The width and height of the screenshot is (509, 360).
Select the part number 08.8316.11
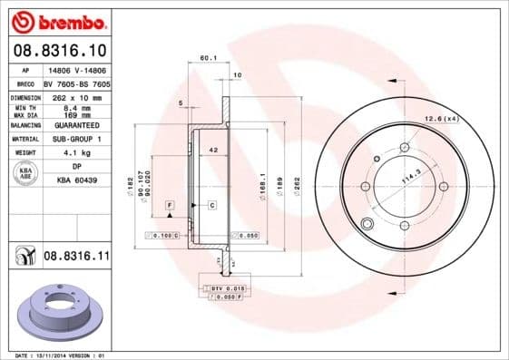[x=76, y=257]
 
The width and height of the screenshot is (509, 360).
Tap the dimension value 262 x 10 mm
[x=77, y=97]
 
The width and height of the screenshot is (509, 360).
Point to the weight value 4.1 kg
[x=77, y=153]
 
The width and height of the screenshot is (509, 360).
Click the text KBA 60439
[x=77, y=181]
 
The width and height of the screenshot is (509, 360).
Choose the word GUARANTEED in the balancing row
[x=77, y=125]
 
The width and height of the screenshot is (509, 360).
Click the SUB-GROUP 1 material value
[x=77, y=139]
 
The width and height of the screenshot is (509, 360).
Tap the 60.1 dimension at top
[x=207, y=58]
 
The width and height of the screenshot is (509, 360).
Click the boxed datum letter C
[x=211, y=206]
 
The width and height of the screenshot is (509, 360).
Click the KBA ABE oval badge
[x=25, y=173]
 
